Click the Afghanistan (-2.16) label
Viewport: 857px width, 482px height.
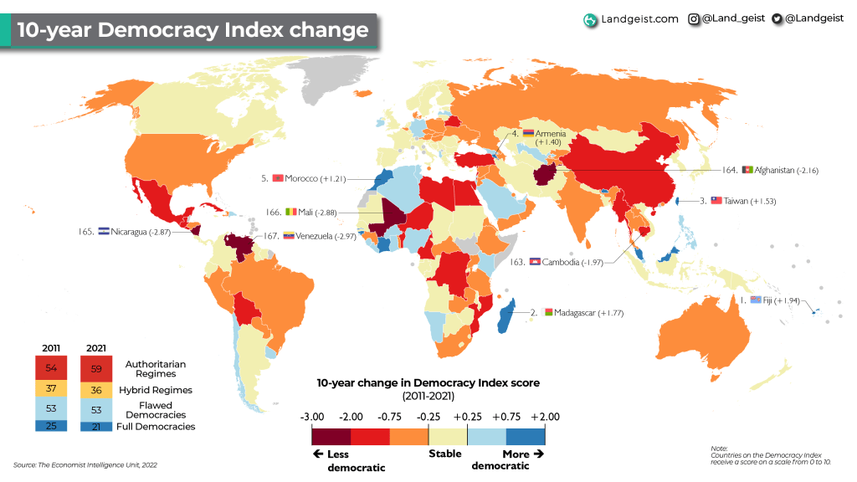pyautogui.click(x=786, y=170)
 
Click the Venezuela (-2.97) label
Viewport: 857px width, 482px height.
pyautogui.click(x=321, y=236)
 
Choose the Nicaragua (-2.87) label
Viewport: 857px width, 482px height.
pyautogui.click(x=136, y=231)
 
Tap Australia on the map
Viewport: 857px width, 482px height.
pyautogui.click(x=704, y=335)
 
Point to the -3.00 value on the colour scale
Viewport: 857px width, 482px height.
pyautogui.click(x=311, y=416)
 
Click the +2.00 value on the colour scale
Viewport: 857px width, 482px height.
pyautogui.click(x=545, y=416)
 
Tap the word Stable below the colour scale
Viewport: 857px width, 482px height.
pyautogui.click(x=445, y=454)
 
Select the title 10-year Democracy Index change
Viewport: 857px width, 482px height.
pyautogui.click(x=192, y=30)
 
